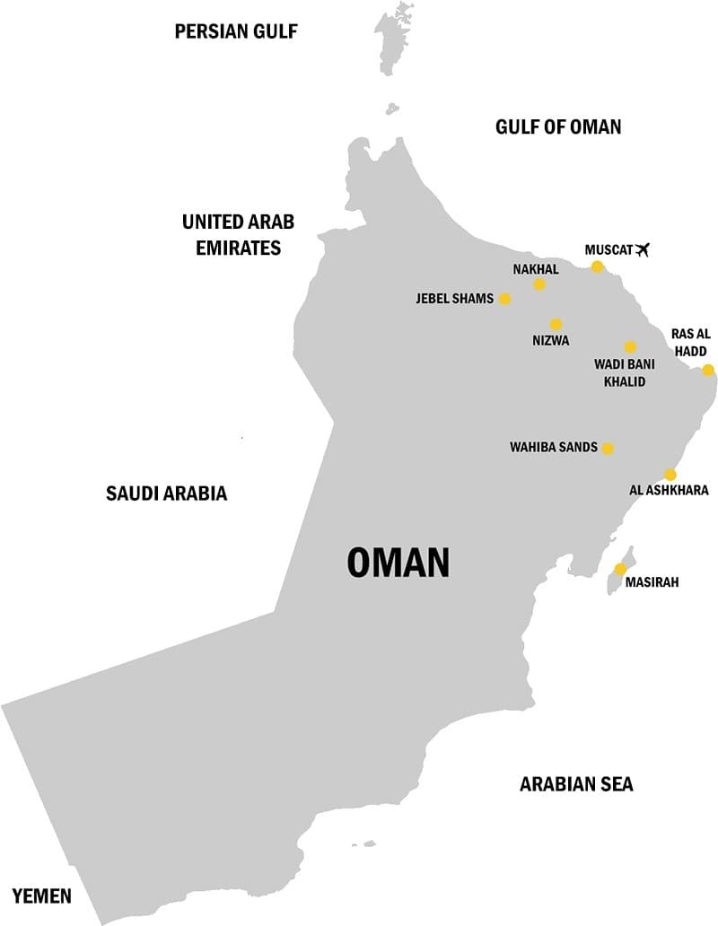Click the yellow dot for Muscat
point(598,266)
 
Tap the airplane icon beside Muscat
point(641,249)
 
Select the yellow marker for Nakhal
point(539,284)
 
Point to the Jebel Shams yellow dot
point(504,299)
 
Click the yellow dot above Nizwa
point(556,324)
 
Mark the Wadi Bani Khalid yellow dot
point(630,347)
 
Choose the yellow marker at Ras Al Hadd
point(708,370)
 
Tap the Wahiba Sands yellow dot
point(608,448)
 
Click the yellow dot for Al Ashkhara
point(670,475)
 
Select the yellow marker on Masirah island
point(620,569)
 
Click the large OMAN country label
point(398,563)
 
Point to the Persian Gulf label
point(236,32)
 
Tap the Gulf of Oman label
point(558,127)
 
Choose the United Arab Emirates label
point(239,234)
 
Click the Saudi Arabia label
point(166,493)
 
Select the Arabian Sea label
point(576,784)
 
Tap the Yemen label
point(42,894)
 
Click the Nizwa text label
point(550,341)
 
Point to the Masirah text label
point(652,582)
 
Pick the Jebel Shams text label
point(454,299)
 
